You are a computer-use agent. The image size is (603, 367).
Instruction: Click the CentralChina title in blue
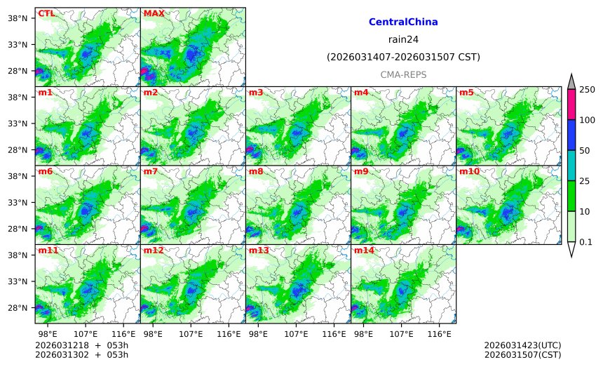(403, 22)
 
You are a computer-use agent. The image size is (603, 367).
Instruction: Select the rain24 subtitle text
(403, 39)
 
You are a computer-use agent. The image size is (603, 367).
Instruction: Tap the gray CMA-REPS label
(403, 74)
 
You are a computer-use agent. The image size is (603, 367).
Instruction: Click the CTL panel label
(46, 13)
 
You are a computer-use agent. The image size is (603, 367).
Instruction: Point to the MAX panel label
(154, 13)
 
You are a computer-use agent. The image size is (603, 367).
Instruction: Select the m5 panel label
(466, 93)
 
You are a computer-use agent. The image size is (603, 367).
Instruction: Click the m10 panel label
(469, 171)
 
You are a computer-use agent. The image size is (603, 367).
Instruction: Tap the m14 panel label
(363, 251)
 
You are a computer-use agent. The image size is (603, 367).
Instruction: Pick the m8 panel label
(256, 171)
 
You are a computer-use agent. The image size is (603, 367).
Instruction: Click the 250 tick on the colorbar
(587, 89)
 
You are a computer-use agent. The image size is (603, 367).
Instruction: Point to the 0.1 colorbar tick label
(587, 242)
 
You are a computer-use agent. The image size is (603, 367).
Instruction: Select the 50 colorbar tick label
(584, 150)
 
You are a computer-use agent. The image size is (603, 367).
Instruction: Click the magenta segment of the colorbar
(571, 104)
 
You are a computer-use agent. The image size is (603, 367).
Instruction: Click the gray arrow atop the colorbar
(571, 82)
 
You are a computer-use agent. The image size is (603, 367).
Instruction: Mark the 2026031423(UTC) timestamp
(522, 345)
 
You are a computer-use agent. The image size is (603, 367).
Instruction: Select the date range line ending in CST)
(403, 57)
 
